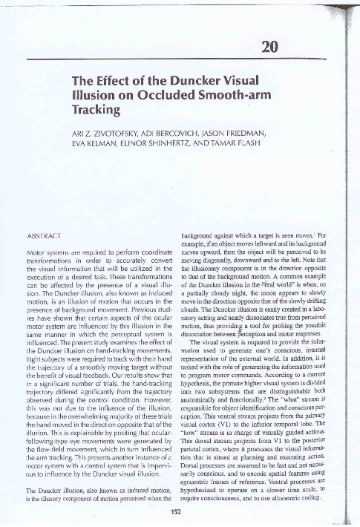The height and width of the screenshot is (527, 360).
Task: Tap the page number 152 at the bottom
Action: point(177,511)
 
